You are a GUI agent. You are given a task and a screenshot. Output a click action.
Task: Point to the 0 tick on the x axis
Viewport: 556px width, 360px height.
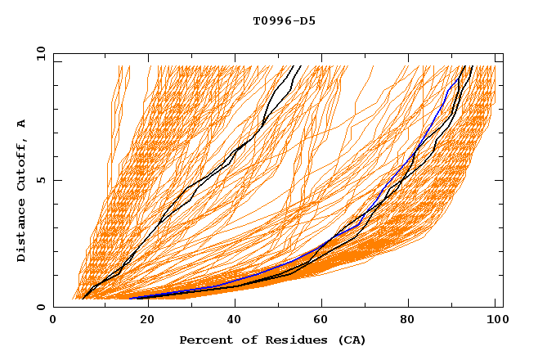[53, 321]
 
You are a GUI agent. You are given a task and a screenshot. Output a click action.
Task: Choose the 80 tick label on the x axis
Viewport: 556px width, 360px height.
[415, 321]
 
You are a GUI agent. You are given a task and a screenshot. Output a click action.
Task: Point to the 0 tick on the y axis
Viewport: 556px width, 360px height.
[40, 307]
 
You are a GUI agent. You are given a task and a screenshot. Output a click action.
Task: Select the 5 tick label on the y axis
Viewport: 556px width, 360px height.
[40, 180]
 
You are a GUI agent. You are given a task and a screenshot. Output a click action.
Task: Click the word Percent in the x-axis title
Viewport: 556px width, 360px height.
[204, 340]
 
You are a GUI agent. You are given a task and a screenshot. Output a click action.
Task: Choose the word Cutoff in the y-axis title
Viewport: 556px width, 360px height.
[22, 164]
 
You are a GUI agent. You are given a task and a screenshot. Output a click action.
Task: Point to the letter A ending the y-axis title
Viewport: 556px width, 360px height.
[22, 123]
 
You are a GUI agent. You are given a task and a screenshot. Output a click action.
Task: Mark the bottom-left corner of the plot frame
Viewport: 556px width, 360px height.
[53, 307]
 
